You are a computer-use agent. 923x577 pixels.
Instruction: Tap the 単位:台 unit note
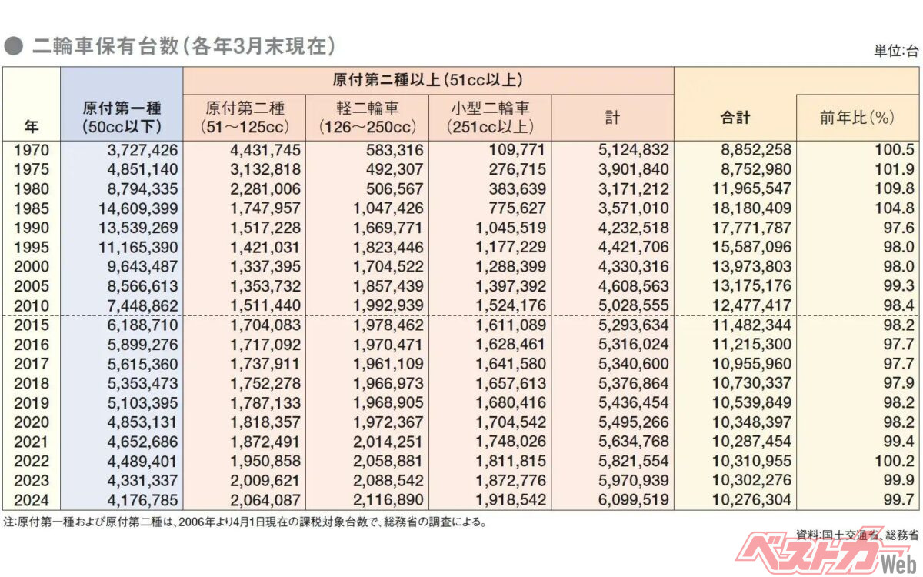coord(895,52)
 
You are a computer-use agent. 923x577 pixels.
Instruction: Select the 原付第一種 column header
coord(122,116)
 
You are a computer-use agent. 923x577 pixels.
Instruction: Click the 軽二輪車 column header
coord(367,116)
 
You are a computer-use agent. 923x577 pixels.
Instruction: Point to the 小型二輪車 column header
coord(490,116)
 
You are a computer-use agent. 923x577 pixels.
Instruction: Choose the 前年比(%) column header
coord(858,117)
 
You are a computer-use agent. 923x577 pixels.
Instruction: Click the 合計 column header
coord(735,117)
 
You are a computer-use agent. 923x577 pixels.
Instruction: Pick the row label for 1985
coord(31,208)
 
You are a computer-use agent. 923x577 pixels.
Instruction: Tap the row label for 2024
coord(31,500)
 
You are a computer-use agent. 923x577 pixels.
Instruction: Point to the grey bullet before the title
coord(12,46)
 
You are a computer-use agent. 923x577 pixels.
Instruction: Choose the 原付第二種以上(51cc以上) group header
coord(428,79)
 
